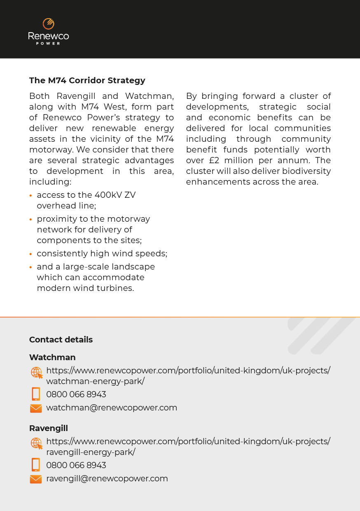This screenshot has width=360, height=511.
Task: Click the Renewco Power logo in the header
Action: pyautogui.click(x=49, y=31)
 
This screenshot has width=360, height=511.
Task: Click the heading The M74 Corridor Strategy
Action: pyautogui.click(x=87, y=80)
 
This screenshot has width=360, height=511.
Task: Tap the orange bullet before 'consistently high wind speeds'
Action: pyautogui.click(x=31, y=254)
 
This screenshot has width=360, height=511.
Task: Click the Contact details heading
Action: pyautogui.click(x=61, y=340)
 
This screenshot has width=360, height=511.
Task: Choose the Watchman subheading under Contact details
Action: pyautogui.click(x=52, y=357)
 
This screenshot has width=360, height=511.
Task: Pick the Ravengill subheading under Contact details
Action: pyautogui.click(x=49, y=428)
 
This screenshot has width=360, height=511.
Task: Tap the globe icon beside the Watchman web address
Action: pyautogui.click(x=37, y=373)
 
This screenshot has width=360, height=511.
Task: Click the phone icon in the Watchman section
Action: pyautogui.click(x=36, y=394)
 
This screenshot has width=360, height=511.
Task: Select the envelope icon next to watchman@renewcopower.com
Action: pyautogui.click(x=36, y=408)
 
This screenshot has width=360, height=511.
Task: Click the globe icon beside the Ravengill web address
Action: pyautogui.click(x=37, y=443)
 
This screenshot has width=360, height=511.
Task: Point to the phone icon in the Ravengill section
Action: pyautogui.click(x=36, y=465)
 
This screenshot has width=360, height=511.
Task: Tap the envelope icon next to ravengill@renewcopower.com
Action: pyautogui.click(x=36, y=479)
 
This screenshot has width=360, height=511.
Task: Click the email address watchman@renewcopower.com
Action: pyautogui.click(x=112, y=408)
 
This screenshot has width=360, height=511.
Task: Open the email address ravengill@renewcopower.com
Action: pyautogui.click(x=107, y=478)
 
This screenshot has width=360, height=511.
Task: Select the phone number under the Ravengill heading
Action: pyautogui.click(x=76, y=465)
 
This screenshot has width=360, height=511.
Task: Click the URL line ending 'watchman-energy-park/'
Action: pyautogui.click(x=95, y=381)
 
